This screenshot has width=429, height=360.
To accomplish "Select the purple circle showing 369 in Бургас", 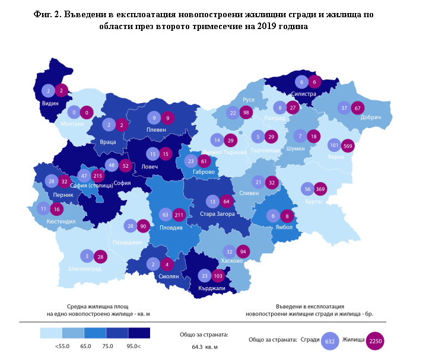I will (x=321, y=189).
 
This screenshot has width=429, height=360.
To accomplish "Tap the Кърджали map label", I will (x=212, y=289).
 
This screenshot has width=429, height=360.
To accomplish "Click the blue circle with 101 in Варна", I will (x=334, y=146).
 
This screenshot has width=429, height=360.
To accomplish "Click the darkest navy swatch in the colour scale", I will (x=138, y=333).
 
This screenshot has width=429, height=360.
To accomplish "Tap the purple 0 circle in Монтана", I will (x=88, y=112).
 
